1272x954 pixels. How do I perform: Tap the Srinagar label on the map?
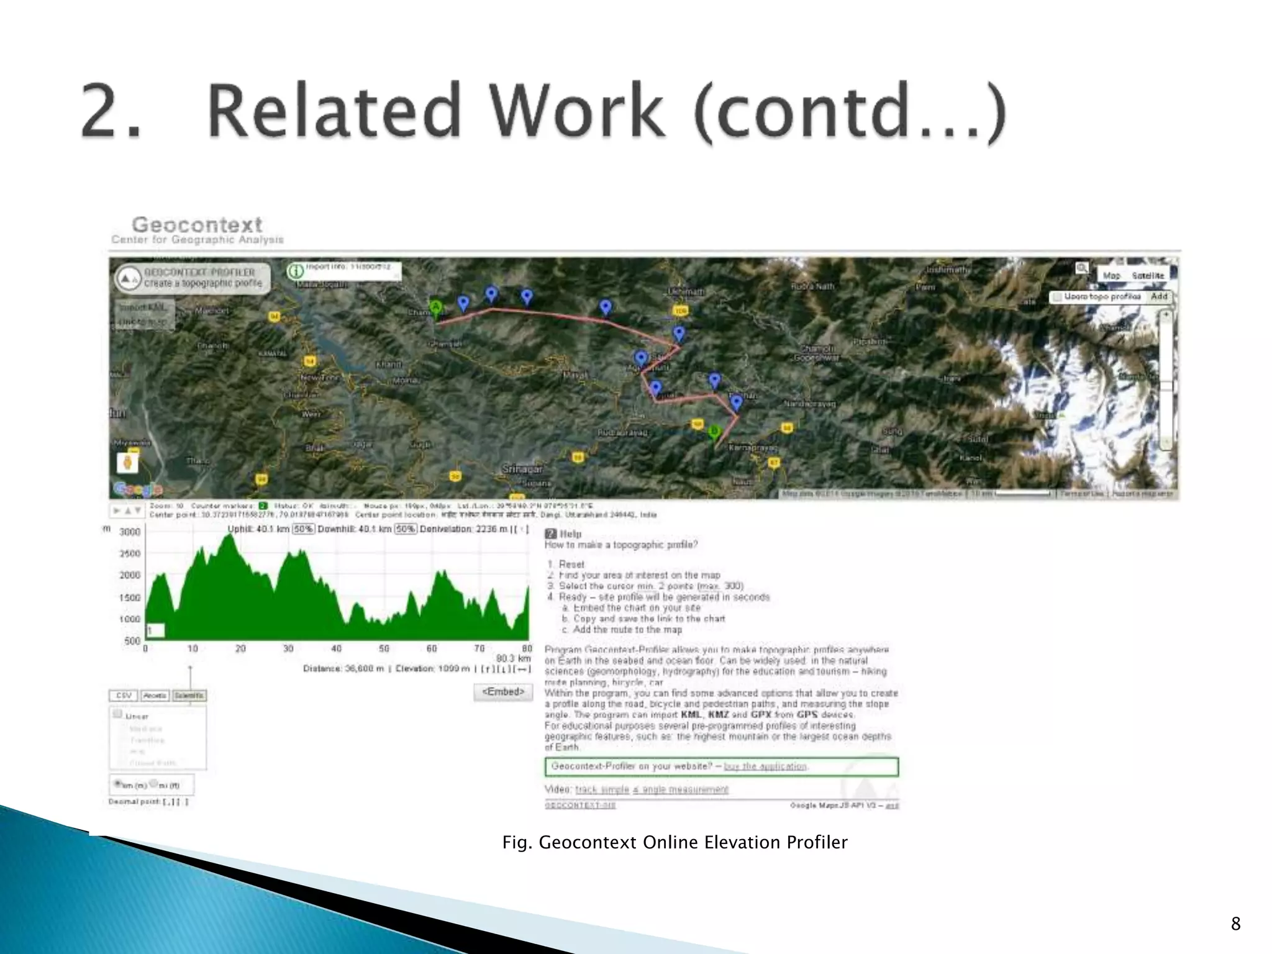(523, 470)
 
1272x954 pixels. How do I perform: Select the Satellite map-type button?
(1148, 275)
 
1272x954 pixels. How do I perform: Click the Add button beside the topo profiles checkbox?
(1159, 297)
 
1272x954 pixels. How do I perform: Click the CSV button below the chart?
(124, 696)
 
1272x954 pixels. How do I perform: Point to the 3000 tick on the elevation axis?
(130, 532)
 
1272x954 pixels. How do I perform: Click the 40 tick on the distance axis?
(336, 648)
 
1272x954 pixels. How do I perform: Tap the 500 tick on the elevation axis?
(132, 641)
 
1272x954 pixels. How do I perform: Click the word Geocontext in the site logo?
(197, 224)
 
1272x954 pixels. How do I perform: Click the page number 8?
(1235, 924)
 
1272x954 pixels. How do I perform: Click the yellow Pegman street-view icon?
(128, 462)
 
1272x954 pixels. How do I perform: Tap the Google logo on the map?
(137, 489)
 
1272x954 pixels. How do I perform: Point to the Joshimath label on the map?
(947, 270)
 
